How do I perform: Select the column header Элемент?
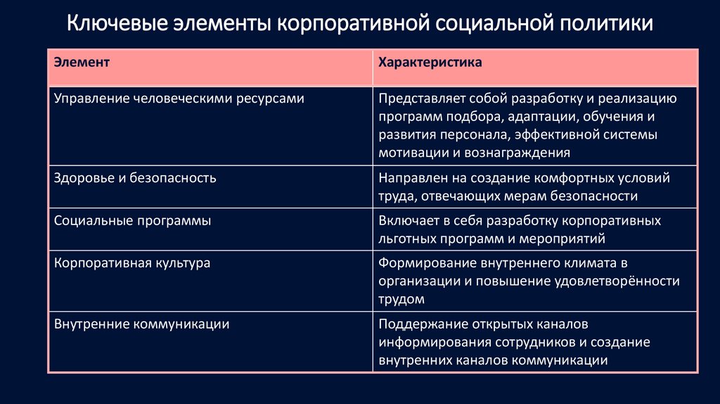tap(82, 63)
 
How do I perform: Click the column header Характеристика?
tap(430, 63)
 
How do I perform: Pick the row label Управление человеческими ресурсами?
tap(179, 99)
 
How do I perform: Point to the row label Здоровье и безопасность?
tap(135, 178)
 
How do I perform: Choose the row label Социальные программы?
tap(133, 220)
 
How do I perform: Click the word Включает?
tap(406, 220)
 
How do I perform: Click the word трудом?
tap(401, 299)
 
